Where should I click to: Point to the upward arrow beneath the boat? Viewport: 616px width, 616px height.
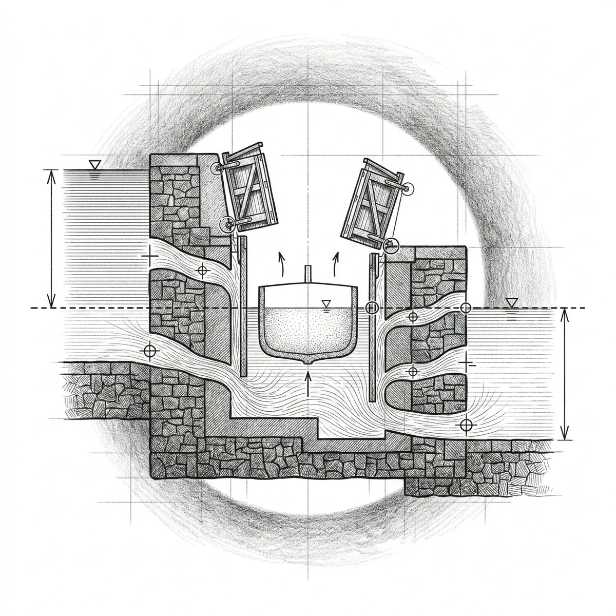point(307,382)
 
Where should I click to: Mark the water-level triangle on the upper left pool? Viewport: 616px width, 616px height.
point(93,165)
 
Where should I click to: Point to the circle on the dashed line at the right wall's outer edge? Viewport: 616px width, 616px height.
point(466,308)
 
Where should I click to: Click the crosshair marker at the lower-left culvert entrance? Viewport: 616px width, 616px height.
point(149,351)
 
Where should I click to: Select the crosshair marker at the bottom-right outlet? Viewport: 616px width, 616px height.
point(466,425)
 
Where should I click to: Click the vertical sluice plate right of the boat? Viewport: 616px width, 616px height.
point(372,329)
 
